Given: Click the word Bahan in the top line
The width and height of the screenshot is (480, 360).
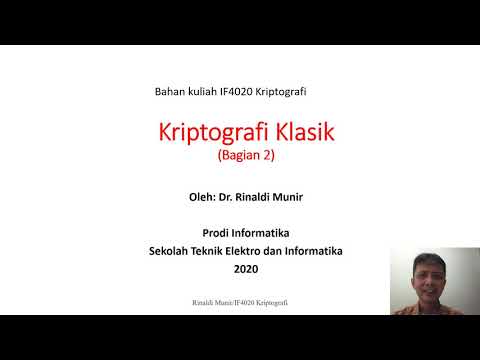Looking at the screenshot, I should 171,91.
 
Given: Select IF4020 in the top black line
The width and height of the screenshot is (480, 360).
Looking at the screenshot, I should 246,91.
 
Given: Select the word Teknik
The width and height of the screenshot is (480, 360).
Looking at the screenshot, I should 211,251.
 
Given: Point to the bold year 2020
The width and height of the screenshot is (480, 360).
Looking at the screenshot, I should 245,269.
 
